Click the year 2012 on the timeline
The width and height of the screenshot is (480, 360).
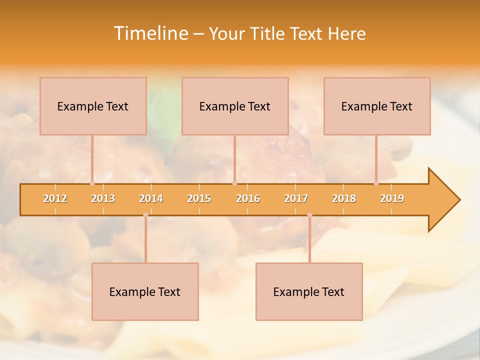(55, 198)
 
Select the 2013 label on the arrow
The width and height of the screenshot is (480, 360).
(103, 198)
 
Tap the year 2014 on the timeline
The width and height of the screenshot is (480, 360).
(151, 198)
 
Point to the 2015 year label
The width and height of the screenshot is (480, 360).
(199, 198)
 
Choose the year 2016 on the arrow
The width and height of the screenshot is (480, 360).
(248, 198)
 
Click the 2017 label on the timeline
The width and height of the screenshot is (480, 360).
(296, 198)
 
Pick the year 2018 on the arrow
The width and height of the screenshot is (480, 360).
(344, 198)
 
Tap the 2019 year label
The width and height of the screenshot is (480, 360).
(392, 198)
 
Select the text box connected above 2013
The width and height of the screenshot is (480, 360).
(93, 106)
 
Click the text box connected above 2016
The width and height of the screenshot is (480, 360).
(235, 106)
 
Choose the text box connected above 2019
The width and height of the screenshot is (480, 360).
(377, 106)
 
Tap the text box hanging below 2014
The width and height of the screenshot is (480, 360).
(145, 291)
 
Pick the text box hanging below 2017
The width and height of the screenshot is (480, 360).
(309, 291)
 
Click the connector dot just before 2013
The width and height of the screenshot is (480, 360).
(92, 183)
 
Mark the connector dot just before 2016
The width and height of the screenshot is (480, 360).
(235, 183)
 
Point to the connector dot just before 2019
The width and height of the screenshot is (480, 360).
(376, 183)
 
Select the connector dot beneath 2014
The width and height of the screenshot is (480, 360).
(145, 215)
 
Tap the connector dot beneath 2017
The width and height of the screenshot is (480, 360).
(309, 215)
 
